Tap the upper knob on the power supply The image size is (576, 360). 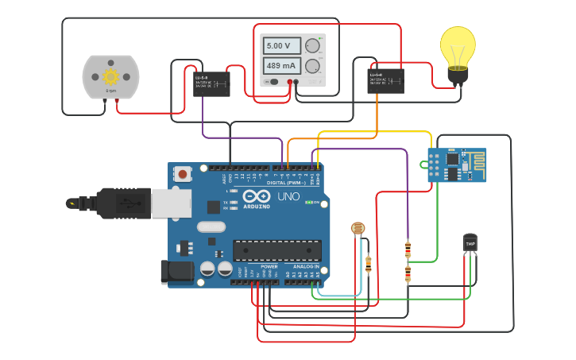click(313, 45)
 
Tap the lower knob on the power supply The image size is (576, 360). click(313, 66)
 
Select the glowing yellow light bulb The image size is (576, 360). click(458, 49)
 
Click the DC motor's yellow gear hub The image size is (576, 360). click(110, 76)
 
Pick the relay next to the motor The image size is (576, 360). click(212, 83)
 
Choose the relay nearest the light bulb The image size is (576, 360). click(385, 80)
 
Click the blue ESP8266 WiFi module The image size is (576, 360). click(457, 165)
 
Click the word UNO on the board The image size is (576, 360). click(288, 196)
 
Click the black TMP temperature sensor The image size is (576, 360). click(470, 242)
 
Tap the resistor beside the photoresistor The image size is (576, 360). click(368, 264)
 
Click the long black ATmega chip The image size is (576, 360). click(276, 250)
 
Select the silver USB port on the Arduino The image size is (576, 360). click(171, 203)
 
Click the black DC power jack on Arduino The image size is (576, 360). click(176, 272)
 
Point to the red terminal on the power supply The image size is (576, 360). click(291, 82)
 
